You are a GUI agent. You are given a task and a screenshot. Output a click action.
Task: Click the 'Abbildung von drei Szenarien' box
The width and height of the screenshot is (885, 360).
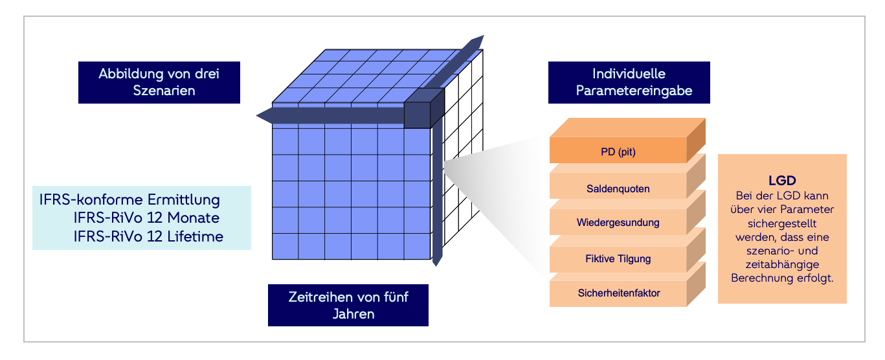coord(159,82)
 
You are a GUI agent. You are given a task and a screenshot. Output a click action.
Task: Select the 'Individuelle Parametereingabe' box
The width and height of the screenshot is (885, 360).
coord(629,82)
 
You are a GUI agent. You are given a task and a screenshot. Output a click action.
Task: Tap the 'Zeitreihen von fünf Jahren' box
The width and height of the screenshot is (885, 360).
coord(348,305)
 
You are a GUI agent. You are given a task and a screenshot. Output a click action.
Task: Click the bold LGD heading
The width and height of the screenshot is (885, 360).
coord(781,181)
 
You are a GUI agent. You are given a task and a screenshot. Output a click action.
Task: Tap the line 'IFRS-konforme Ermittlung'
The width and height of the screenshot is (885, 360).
coord(130,199)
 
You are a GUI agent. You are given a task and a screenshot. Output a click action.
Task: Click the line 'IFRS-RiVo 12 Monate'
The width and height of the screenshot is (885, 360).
coord(146,218)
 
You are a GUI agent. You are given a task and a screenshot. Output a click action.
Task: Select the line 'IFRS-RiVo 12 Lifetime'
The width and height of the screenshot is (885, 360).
coord(148,236)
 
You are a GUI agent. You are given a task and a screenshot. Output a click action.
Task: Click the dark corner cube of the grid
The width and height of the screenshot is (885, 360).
coord(423,109)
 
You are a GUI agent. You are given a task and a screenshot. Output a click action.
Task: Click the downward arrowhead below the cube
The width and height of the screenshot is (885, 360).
coord(438,260)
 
